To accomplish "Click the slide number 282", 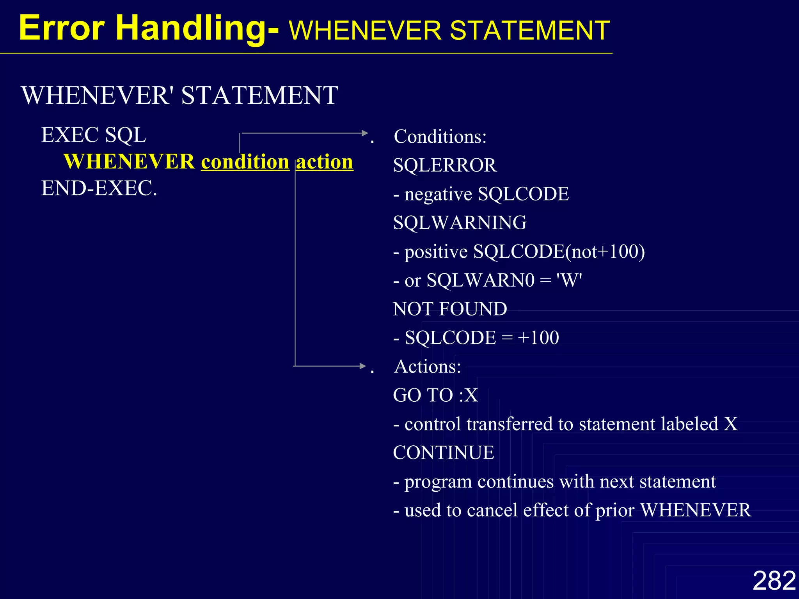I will click(x=774, y=581).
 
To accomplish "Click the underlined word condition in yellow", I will click(x=245, y=162).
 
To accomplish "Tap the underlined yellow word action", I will click(x=325, y=162).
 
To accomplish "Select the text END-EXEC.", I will click(x=99, y=188).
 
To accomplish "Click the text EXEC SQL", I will click(x=94, y=135).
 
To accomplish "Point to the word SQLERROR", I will click(x=445, y=165).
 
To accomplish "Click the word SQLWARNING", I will click(x=460, y=223).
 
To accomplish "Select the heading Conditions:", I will click(x=440, y=137).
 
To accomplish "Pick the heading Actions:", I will click(x=428, y=367).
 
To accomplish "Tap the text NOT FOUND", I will click(x=450, y=309).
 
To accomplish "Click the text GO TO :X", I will click(x=435, y=395).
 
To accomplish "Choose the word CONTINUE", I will click(x=444, y=453).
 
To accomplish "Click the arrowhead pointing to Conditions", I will click(x=365, y=133).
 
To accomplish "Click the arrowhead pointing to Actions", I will click(x=363, y=366).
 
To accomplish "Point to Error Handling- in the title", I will click(x=148, y=28).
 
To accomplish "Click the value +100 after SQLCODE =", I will click(x=538, y=338).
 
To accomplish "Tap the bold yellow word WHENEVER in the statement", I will click(x=129, y=162).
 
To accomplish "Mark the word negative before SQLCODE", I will click(x=438, y=194).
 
